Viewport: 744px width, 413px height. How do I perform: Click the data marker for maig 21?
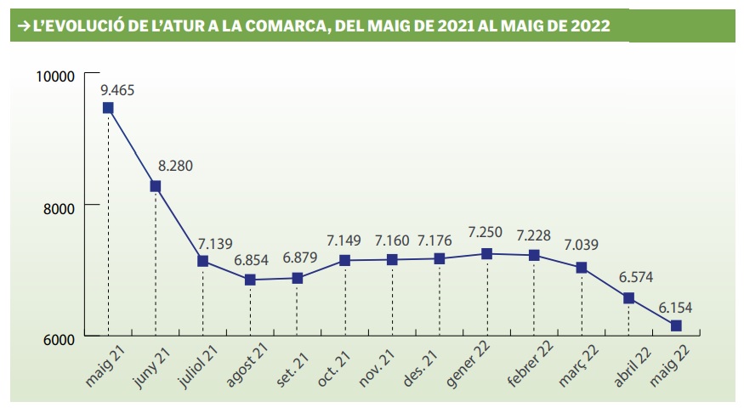tap(108, 108)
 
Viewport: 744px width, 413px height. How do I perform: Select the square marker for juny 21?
tap(156, 186)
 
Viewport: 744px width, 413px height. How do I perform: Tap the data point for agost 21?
tap(250, 280)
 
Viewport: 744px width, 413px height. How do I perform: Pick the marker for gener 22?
tap(486, 253)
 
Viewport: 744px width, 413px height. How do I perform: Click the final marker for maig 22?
tap(676, 325)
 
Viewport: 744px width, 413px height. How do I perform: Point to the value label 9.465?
tap(117, 89)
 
